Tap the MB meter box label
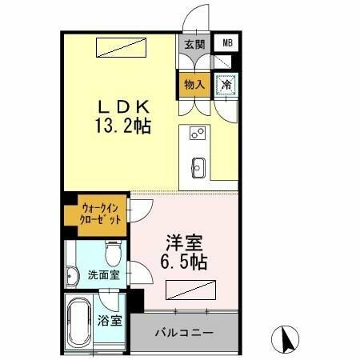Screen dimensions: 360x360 point(227,44)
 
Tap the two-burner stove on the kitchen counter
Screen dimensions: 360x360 point(198,134)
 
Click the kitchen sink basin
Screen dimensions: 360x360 point(198,166)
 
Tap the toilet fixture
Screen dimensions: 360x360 point(113,255)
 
